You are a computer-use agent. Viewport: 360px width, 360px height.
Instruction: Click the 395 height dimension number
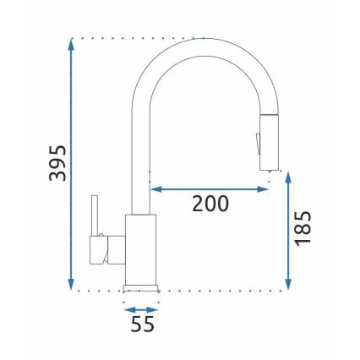(x=57, y=162)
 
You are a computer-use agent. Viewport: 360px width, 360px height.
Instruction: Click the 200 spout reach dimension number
(x=210, y=204)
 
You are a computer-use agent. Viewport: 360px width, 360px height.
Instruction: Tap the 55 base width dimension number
(x=143, y=323)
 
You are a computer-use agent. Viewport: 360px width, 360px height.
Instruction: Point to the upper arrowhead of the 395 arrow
(x=72, y=45)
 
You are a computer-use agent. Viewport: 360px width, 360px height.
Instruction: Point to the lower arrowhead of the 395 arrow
(x=72, y=285)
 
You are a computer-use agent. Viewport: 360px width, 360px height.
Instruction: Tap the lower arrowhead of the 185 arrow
(x=288, y=285)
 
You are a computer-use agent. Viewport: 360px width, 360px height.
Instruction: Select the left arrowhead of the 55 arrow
(x=128, y=309)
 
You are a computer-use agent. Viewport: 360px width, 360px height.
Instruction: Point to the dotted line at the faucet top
(x=135, y=38)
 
